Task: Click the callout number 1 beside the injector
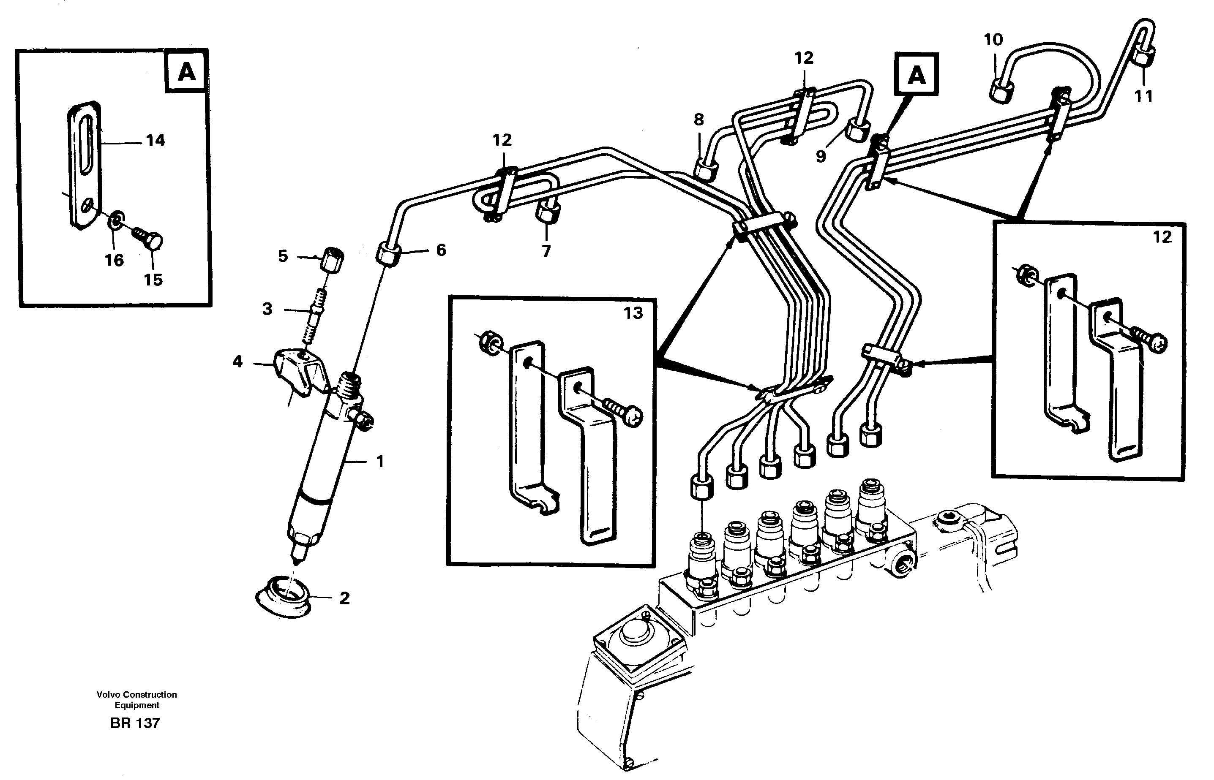pyautogui.click(x=380, y=462)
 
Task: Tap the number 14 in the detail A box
pyautogui.click(x=156, y=140)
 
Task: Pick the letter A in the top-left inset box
pyautogui.click(x=186, y=73)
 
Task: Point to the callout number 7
pyautogui.click(x=546, y=251)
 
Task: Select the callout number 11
pyautogui.click(x=1143, y=96)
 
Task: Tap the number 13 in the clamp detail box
pyautogui.click(x=633, y=313)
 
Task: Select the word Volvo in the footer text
pyautogui.click(x=109, y=694)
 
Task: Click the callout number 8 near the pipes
pyautogui.click(x=699, y=120)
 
